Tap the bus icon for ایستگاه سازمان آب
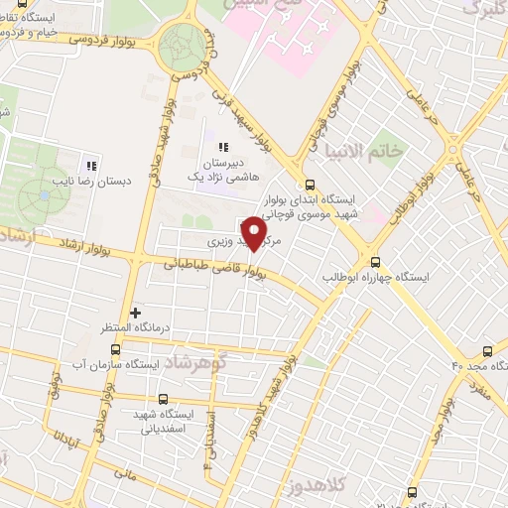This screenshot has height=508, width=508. tap(116, 349)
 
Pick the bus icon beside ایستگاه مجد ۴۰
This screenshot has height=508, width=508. tap(487, 351)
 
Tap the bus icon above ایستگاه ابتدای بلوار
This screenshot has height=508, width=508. tap(311, 185)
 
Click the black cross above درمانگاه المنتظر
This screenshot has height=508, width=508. tap(136, 313)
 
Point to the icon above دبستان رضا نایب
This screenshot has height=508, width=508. tap(90, 166)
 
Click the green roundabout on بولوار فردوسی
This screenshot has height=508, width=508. tap(184, 44)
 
